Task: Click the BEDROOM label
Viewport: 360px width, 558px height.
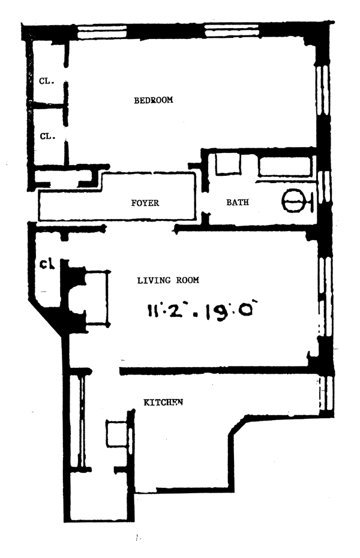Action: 153,100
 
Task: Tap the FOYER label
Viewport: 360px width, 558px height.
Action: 145,203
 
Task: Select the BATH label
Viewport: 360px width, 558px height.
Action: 237,203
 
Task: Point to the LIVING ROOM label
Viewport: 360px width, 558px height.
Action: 168,280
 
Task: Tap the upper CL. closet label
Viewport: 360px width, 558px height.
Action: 47,82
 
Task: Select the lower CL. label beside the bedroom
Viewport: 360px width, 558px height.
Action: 47,136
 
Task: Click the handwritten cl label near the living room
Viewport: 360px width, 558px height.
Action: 47,263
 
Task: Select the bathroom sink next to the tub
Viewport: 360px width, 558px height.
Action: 227,164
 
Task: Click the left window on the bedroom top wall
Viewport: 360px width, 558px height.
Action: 102,31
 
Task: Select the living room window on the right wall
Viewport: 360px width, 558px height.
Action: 324,294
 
